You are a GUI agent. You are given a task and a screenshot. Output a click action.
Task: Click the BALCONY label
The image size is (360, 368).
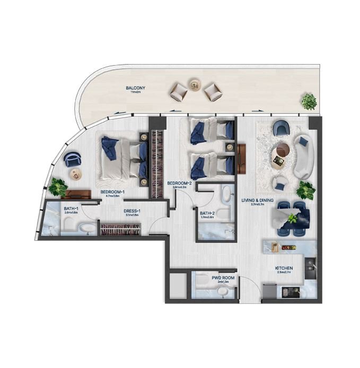tap(135, 88)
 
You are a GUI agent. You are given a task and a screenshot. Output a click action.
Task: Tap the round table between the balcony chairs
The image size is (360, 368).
tap(195, 84)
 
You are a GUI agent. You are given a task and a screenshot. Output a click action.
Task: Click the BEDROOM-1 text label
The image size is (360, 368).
tap(112, 192)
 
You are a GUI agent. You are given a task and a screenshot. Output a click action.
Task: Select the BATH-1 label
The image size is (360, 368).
tap(71, 209)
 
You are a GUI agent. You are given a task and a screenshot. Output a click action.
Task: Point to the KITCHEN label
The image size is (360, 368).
tap(284, 268)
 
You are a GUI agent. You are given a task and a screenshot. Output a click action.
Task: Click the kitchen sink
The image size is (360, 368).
tap(311, 263)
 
